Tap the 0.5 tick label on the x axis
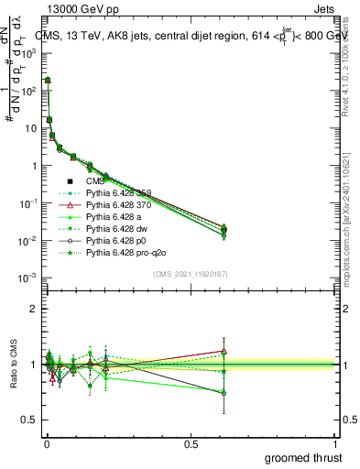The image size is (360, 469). (191, 444)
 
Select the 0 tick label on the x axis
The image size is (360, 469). (47, 444)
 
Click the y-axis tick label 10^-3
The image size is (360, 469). (27, 278)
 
